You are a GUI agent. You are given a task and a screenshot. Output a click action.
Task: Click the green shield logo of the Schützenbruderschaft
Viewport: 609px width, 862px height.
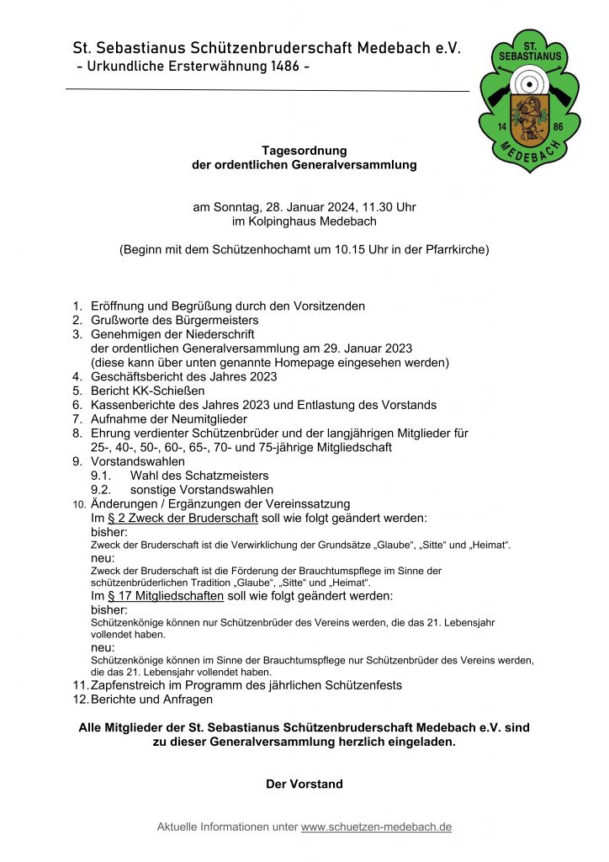click(529, 101)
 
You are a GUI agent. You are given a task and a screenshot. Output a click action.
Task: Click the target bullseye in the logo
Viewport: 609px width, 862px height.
click(529, 84)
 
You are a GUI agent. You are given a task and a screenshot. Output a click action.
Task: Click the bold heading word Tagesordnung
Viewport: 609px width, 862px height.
click(304, 151)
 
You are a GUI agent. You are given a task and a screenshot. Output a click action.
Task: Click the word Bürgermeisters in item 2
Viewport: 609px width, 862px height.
click(217, 321)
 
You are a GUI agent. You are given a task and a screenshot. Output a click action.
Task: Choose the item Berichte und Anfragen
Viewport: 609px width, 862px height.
click(151, 700)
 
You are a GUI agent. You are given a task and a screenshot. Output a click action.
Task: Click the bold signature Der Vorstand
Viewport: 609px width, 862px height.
click(304, 784)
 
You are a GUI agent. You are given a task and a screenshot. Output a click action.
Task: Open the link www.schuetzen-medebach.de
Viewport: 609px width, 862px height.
click(376, 827)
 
